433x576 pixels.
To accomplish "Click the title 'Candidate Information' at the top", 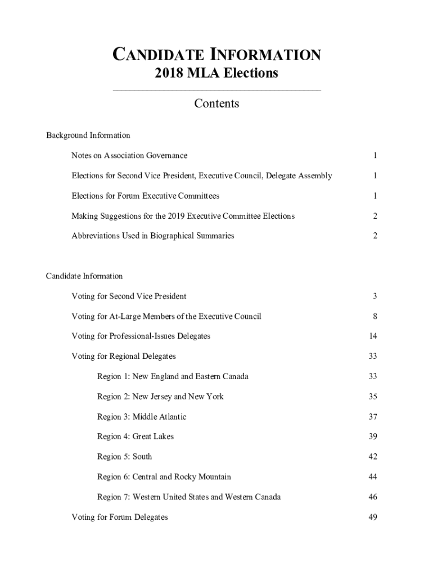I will coord(216,55).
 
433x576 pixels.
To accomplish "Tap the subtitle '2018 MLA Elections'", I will coord(216,73).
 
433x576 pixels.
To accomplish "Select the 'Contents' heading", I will coord(216,103).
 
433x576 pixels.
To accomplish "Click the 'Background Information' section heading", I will coord(88,135).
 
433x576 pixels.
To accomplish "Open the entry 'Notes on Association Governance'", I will coord(129,155).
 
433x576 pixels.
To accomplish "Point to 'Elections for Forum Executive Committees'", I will coord(145,196).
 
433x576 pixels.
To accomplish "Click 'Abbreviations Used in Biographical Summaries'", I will coord(152,236).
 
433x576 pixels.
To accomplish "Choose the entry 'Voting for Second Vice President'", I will coord(129,296).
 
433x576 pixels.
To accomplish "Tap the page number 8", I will coord(375,316).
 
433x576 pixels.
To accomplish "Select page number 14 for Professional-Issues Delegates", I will coord(373,336).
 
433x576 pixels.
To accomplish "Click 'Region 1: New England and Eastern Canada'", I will coord(173,376).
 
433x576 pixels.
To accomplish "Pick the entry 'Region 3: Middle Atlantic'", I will coord(142,417).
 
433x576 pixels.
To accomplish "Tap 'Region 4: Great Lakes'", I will coord(136,436).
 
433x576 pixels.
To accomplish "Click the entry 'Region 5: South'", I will coord(124,457).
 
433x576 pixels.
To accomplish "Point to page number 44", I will coord(373,477).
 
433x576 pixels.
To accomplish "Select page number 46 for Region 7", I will coord(373,497).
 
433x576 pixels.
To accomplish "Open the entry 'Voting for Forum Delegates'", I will coord(119,517).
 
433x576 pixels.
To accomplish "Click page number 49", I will coord(373,517).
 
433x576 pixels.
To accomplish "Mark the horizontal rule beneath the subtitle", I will coord(216,90).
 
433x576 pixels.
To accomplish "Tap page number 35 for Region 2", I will coord(373,397).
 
